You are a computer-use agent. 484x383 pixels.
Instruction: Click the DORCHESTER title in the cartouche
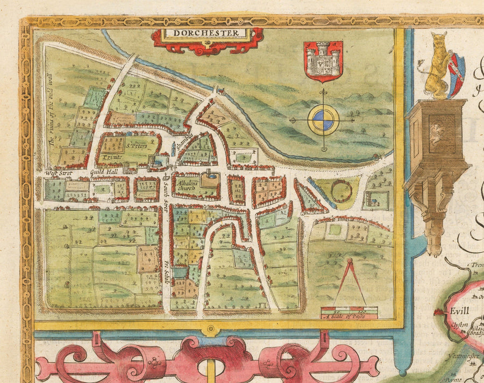(207, 33)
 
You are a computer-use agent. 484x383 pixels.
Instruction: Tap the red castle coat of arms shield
(323, 61)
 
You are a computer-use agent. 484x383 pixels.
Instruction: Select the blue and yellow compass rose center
(323, 120)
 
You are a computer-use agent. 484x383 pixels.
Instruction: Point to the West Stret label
(58, 174)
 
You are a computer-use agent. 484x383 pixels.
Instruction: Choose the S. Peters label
(136, 145)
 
